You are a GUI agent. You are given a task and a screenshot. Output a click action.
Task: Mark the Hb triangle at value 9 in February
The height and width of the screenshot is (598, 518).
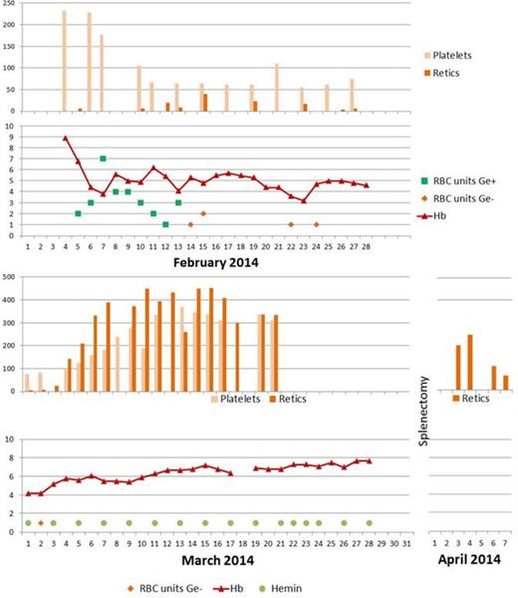click(x=65, y=139)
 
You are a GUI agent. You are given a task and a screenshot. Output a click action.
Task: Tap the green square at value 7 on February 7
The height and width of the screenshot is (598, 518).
click(x=103, y=158)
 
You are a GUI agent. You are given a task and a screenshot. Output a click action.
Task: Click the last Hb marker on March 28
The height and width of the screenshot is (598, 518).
click(x=369, y=460)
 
